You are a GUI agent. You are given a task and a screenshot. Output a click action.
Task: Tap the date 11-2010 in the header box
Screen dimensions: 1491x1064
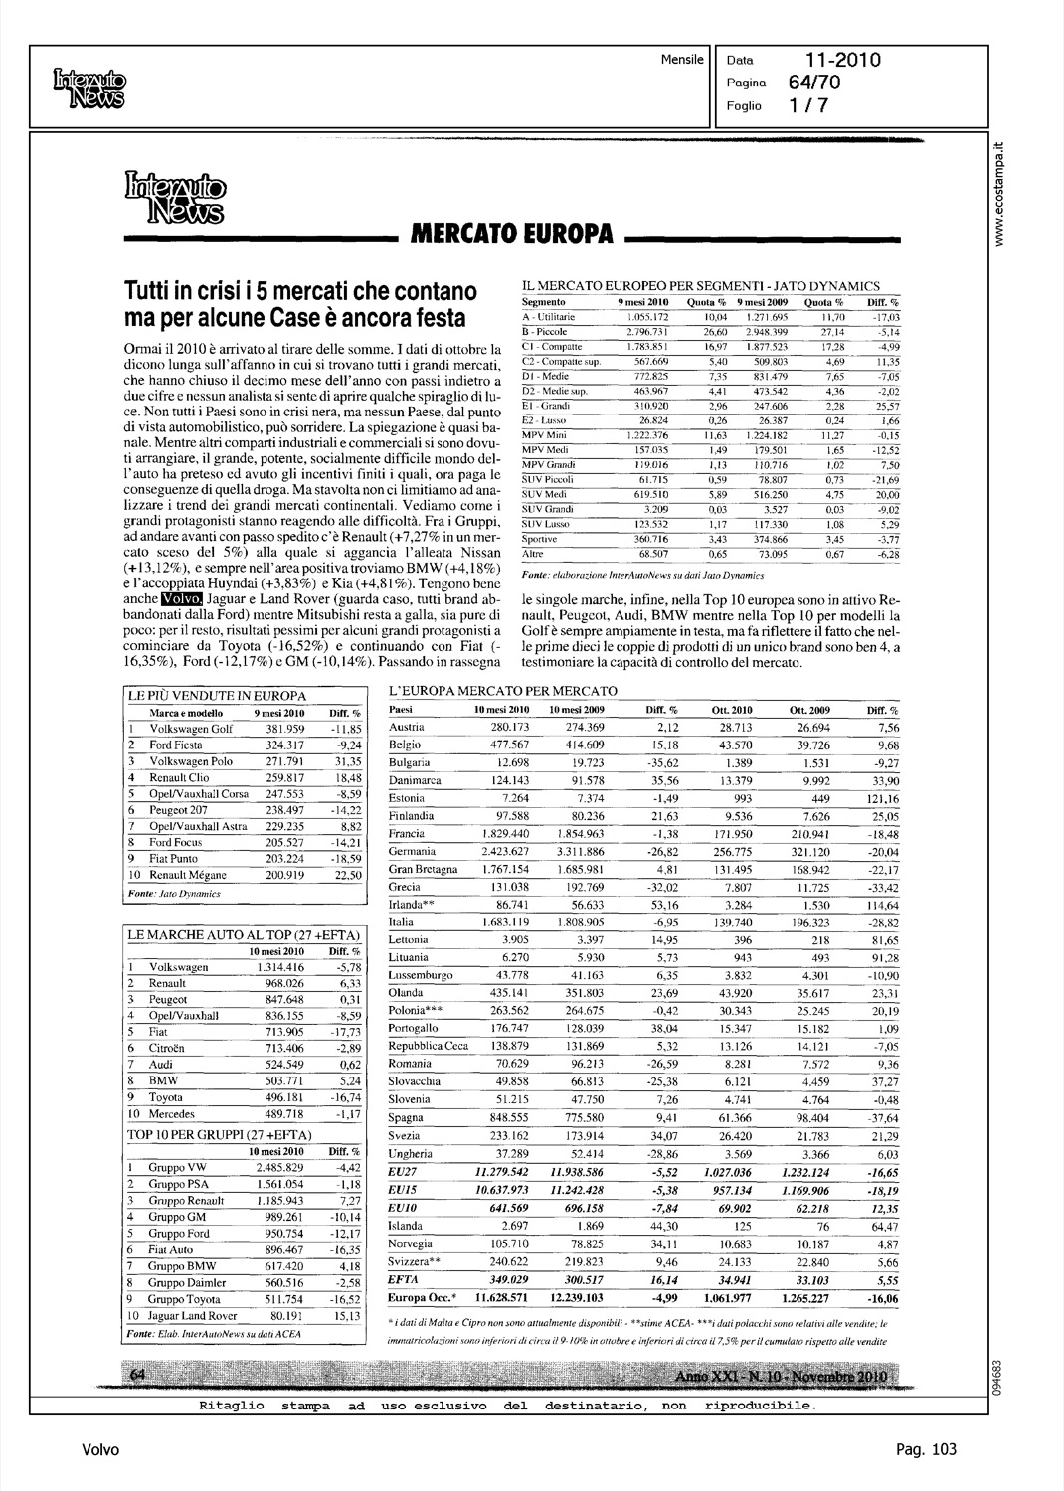pyautogui.click(x=844, y=61)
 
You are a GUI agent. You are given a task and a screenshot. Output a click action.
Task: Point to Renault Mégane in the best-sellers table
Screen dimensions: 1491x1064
pyautogui.click(x=188, y=875)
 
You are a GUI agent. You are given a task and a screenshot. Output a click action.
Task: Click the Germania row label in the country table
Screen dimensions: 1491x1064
pyautogui.click(x=412, y=852)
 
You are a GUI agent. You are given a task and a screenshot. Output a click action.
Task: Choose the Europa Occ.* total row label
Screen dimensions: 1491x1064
pyautogui.click(x=423, y=1298)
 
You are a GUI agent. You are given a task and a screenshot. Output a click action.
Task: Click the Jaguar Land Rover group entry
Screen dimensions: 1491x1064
pyautogui.click(x=193, y=1316)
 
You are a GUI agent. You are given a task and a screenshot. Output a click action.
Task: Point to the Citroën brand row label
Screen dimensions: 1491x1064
pyautogui.click(x=171, y=1048)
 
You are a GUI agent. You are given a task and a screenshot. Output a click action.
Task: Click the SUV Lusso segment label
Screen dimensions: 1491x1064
pyautogui.click(x=546, y=523)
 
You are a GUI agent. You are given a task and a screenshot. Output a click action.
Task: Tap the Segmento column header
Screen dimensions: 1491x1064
pyautogui.click(x=544, y=301)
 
